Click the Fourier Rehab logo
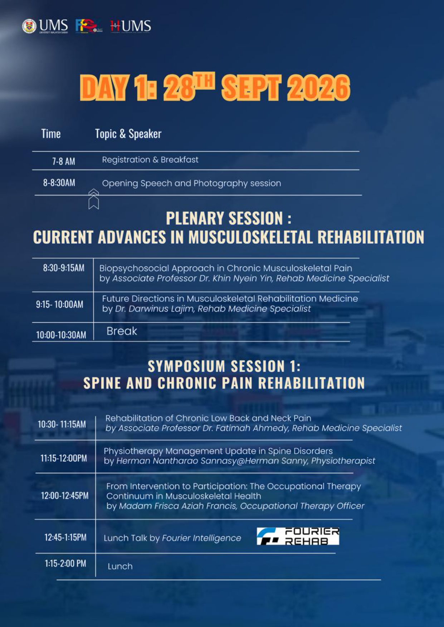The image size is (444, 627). [x=298, y=536]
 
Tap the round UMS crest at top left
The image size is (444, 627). [x=29, y=26]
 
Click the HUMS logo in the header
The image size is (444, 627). [x=131, y=26]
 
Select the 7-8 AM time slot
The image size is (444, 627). [x=64, y=161]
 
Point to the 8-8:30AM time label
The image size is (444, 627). [x=59, y=183]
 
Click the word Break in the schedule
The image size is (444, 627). [x=122, y=331]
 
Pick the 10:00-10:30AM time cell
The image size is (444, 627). [x=61, y=335]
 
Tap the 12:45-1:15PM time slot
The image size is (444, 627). [x=65, y=537]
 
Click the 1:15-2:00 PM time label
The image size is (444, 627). [x=65, y=564]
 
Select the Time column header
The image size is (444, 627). [x=51, y=134]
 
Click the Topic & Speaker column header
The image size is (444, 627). [x=128, y=134]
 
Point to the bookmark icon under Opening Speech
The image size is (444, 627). [x=94, y=199]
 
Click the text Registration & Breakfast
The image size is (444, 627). [x=150, y=160]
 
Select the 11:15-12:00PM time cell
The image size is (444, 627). [x=64, y=458]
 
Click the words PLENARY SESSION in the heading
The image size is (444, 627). [x=224, y=218]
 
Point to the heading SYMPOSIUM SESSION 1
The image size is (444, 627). [x=224, y=366]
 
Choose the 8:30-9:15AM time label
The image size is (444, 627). [x=64, y=268]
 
